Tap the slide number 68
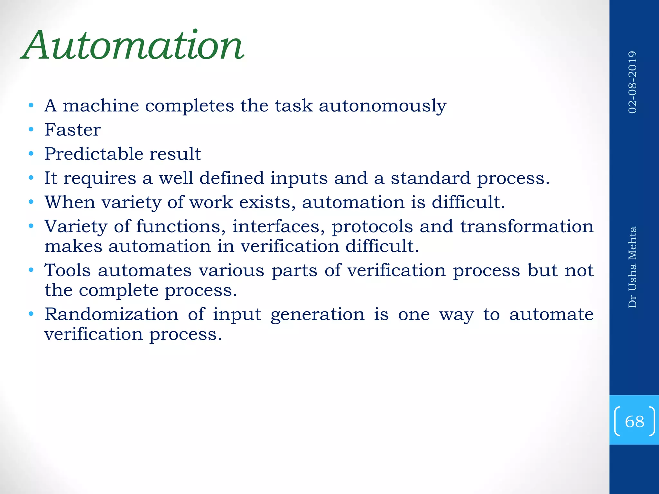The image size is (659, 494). tap(634, 421)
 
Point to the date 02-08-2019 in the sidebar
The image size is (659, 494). tap(632, 82)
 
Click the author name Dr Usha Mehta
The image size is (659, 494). tap(632, 267)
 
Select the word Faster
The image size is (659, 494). tap(73, 130)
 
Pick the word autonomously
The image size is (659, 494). tap(383, 106)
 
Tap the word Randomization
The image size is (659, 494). tap(111, 314)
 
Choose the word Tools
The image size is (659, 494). tap(68, 270)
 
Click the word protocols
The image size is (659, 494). tap(372, 227)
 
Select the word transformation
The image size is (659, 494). tap(527, 226)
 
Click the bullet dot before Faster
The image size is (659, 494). tap(31, 130)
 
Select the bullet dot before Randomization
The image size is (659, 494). tap(31, 314)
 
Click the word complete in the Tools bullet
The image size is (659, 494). tap(119, 290)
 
